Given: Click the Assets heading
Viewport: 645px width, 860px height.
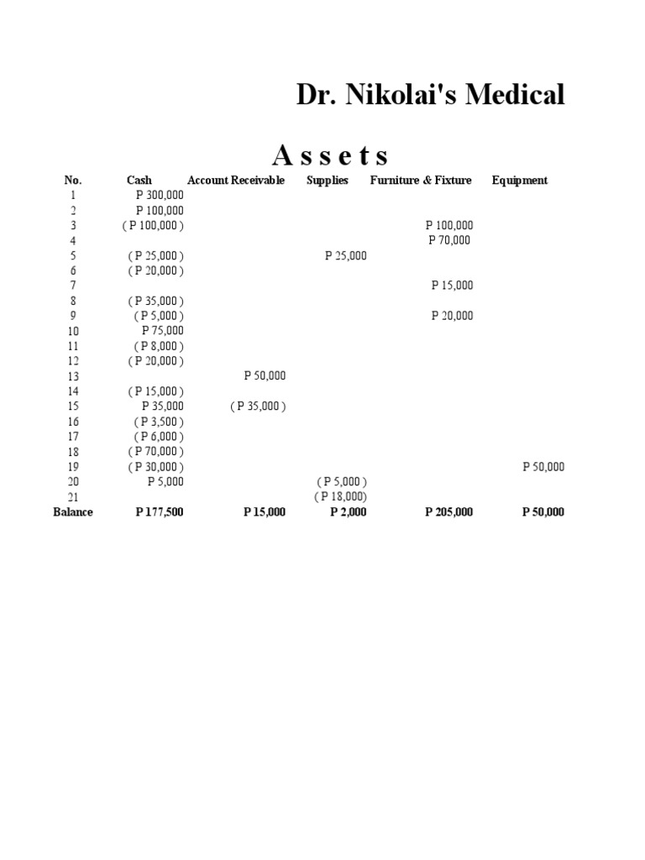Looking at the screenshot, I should click(x=331, y=155).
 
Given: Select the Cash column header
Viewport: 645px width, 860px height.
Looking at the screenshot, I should click(x=139, y=180).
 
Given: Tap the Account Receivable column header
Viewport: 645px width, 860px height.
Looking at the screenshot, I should click(x=236, y=180).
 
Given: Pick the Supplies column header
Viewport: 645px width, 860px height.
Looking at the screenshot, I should click(x=328, y=180).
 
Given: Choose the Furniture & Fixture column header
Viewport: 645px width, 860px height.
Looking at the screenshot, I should click(x=421, y=180).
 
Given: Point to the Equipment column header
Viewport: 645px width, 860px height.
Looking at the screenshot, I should click(x=520, y=180).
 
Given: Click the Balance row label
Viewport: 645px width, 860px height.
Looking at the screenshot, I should click(x=73, y=512).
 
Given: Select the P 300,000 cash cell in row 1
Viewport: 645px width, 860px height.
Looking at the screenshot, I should click(x=160, y=195).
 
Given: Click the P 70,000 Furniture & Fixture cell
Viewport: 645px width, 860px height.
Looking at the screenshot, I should click(x=449, y=240).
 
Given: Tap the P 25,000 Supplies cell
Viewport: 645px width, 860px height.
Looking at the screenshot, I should click(x=346, y=255).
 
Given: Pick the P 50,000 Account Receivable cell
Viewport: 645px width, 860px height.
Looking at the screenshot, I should click(x=265, y=376).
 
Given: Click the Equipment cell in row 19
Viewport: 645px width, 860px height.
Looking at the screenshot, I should click(x=543, y=467).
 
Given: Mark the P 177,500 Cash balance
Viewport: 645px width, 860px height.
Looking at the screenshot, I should click(x=160, y=512).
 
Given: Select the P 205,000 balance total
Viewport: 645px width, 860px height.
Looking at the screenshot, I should click(x=449, y=512).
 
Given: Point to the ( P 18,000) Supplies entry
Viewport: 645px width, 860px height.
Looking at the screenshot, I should click(x=341, y=497).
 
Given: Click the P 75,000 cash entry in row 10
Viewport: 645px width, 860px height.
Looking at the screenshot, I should click(x=163, y=331).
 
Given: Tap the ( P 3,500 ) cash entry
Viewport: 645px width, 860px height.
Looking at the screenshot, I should click(x=160, y=422).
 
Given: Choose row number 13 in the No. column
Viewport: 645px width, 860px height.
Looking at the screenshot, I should click(x=73, y=376).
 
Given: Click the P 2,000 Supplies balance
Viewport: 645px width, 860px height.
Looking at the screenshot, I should click(x=349, y=512).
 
